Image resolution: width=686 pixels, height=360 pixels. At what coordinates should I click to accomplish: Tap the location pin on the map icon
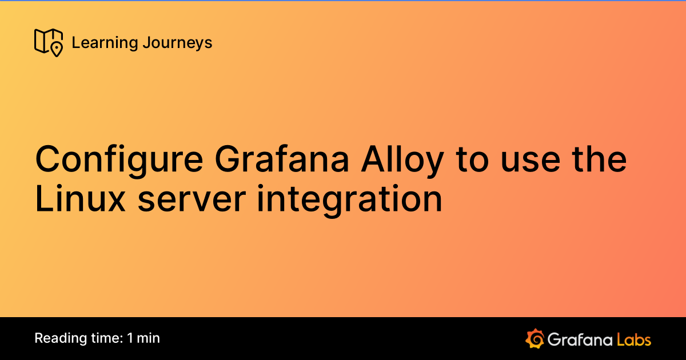click(x=57, y=50)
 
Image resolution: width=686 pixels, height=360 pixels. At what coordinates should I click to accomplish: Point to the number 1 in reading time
click(x=131, y=338)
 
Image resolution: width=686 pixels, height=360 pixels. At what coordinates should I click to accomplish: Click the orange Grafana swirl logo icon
click(x=535, y=339)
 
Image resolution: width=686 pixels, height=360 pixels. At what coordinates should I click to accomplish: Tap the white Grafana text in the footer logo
click(x=580, y=339)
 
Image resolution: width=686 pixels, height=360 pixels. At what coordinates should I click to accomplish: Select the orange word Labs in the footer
click(x=634, y=339)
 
